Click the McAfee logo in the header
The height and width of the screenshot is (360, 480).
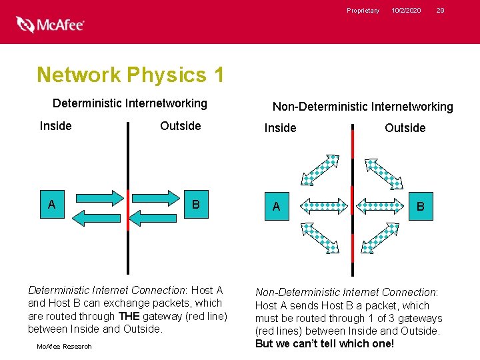(x=51, y=25)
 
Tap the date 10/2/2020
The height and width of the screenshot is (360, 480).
(x=406, y=11)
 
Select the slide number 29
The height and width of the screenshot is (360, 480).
(x=440, y=11)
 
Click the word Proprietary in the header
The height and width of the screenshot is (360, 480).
(x=363, y=11)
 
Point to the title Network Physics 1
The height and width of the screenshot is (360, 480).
(x=130, y=75)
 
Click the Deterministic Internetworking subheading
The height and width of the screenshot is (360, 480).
(x=130, y=103)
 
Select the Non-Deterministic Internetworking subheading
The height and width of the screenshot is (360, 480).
(x=363, y=107)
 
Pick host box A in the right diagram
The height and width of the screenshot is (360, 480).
(x=276, y=207)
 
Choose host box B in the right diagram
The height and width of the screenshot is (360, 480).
(x=420, y=207)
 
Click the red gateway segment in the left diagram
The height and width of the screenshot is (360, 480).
(x=128, y=209)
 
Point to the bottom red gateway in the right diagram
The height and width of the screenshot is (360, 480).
(x=353, y=257)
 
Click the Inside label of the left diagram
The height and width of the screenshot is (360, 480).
(x=56, y=126)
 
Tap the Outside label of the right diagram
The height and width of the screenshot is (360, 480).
(x=405, y=128)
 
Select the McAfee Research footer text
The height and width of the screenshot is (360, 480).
(x=65, y=346)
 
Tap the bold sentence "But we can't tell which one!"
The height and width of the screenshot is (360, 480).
(x=325, y=344)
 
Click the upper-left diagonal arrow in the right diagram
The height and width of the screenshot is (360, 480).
(x=321, y=170)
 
